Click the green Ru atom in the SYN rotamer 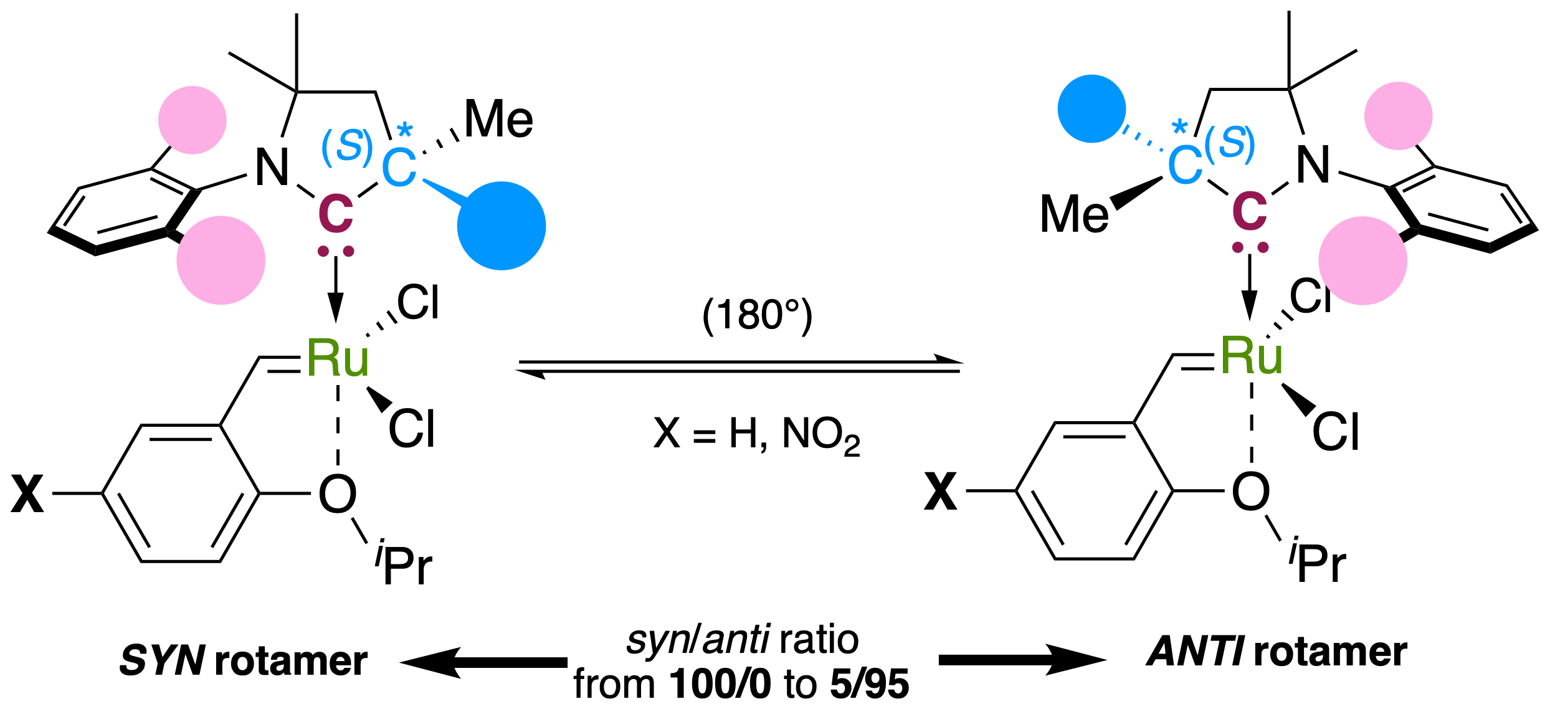pos(338,359)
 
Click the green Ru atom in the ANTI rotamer pos(1251,356)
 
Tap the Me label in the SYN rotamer pos(498,120)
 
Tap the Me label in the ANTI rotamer pos(1074,214)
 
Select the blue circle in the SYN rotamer pos(501,226)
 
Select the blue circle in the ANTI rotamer pos(1091,109)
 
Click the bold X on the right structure pos(940,492)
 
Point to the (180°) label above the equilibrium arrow pos(757,315)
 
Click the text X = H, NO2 pos(756,435)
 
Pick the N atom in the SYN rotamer pos(272,168)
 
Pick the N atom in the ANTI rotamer pos(1313,165)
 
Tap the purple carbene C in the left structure pos(336,214)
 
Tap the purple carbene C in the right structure pos(1249,211)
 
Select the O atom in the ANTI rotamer pos(1251,492)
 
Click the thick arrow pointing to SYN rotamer pos(483,662)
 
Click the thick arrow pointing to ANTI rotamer pos(1022,660)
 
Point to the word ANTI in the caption pos(1194,652)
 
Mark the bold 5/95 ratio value pos(869,684)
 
